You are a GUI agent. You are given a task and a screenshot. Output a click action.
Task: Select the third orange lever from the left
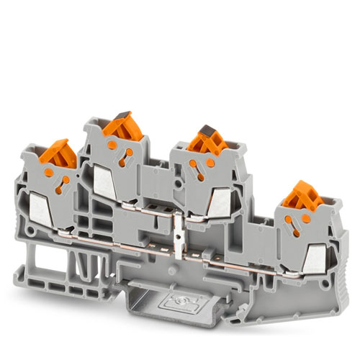click(x=206, y=141)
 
